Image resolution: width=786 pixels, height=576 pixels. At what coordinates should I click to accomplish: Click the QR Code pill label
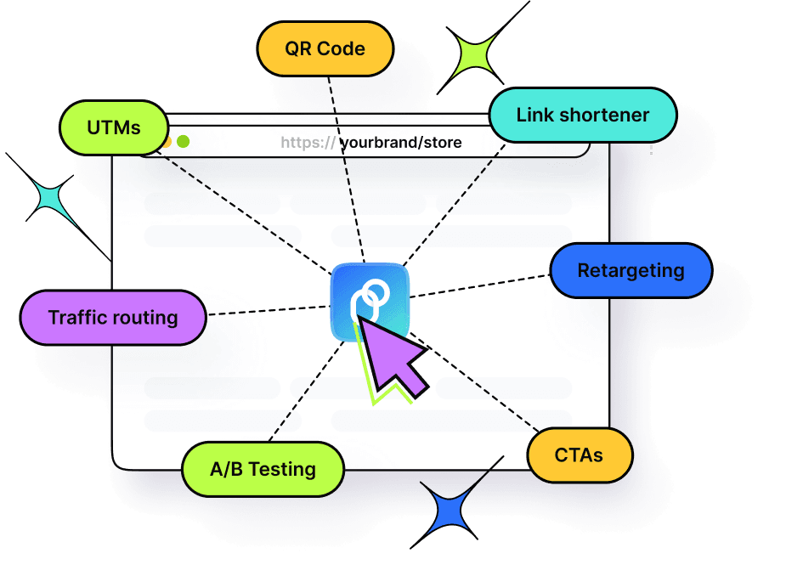pos(325,48)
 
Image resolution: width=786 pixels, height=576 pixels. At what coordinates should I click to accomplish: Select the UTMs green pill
pos(113,128)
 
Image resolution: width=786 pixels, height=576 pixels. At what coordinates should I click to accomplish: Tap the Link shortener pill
pos(582,115)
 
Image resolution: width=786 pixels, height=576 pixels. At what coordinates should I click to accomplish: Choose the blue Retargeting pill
pos(630,271)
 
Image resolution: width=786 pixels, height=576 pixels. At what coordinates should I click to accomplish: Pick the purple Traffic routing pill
pos(113,318)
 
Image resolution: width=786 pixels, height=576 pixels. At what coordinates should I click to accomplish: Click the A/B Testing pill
pos(263,468)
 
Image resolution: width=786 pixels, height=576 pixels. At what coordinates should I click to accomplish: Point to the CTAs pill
pos(580,455)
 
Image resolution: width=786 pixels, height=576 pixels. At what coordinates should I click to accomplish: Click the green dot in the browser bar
pos(183,143)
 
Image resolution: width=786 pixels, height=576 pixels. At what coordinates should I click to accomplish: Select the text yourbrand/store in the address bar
pos(401,143)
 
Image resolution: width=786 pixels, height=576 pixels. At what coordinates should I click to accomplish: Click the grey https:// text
pos(308,143)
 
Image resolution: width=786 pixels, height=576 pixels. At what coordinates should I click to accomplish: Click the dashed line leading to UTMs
pos(246,215)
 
